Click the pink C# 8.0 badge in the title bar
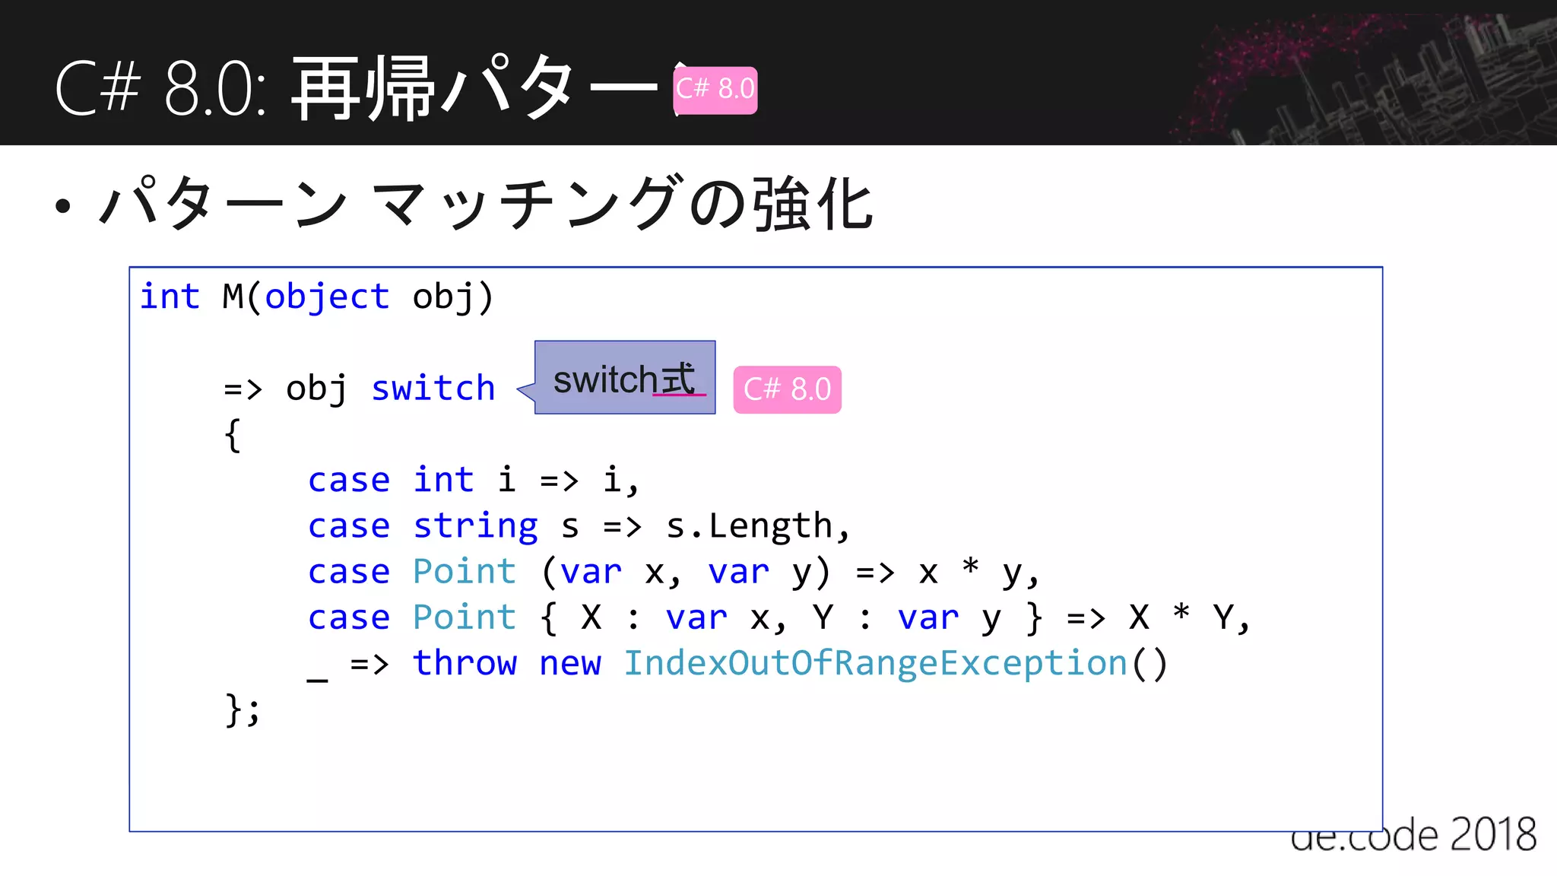pos(715,90)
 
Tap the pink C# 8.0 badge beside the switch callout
pos(787,389)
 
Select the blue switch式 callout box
pos(624,378)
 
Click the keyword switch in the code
pos(433,389)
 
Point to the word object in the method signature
pos(327,297)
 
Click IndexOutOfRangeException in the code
pos(875,663)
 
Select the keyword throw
pos(465,663)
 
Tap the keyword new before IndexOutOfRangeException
pos(569,663)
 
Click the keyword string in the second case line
pos(475,526)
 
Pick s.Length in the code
pos(750,526)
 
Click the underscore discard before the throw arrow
pos(317,676)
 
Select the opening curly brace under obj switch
pos(233,436)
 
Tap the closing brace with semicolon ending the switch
pos(243,710)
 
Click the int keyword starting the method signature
pos(170,297)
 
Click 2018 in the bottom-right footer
pos(1493,836)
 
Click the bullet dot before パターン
pos(63,205)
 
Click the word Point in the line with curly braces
pos(465,617)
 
